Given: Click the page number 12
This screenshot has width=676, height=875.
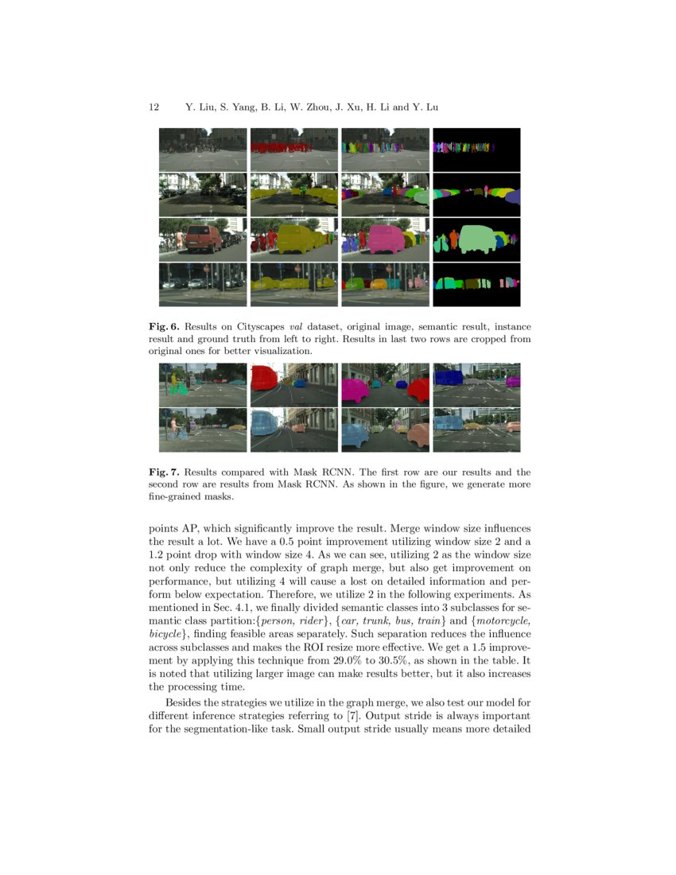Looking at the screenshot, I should point(154,107).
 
